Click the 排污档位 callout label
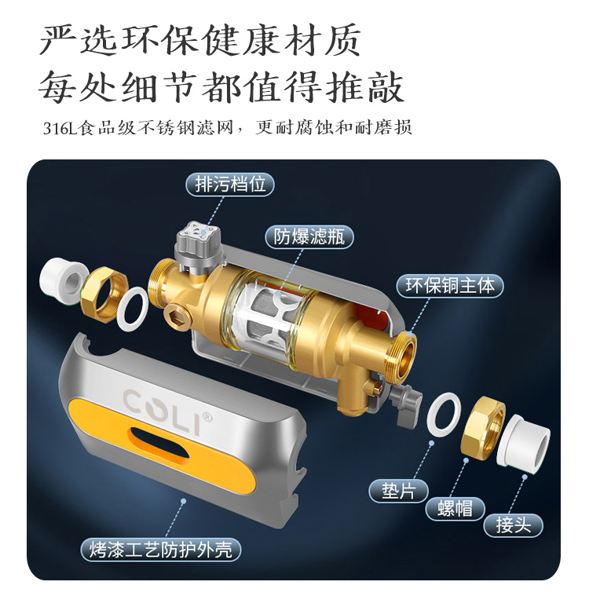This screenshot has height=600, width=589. pos(230,185)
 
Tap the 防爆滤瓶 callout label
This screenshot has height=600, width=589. pos(309,237)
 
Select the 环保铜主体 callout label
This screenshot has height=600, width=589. pos(450,286)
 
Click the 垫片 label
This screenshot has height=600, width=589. pos(398,491)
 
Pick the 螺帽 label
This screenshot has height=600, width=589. pos(455,509)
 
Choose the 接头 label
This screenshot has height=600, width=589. pos(514,525)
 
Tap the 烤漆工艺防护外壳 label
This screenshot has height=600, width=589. pos(161,550)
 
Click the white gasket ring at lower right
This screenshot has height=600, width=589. pos(444,415)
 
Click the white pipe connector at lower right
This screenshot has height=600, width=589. pos(523,441)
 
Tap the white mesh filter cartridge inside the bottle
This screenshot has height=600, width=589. pos(273,316)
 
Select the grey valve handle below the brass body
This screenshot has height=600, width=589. pos(406,403)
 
